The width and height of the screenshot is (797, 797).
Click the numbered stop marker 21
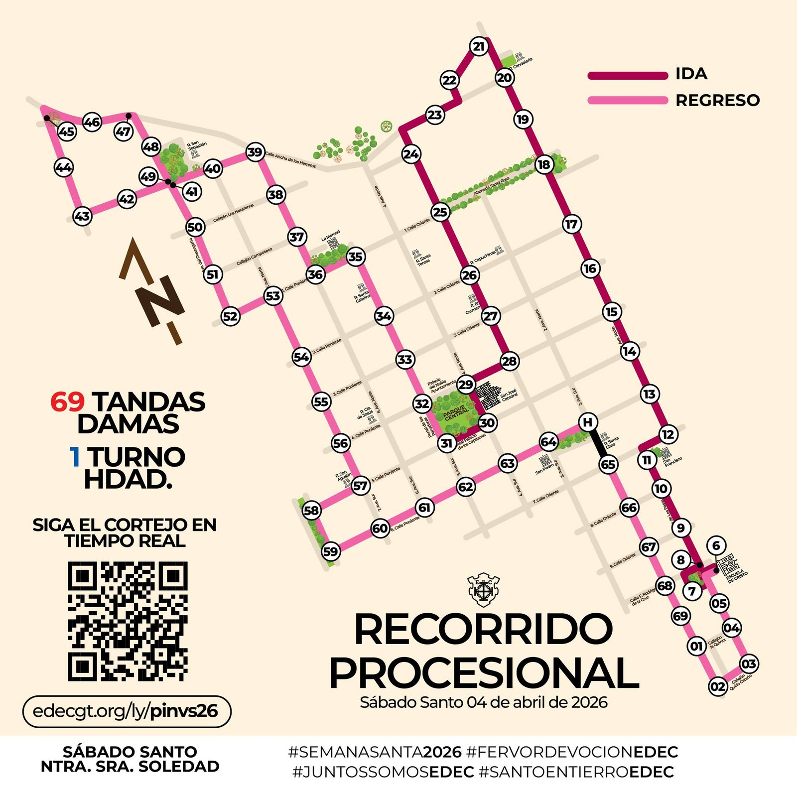click(x=479, y=47)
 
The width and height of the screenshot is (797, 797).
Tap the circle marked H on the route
click(x=588, y=422)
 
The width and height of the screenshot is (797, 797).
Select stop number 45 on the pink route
click(x=67, y=132)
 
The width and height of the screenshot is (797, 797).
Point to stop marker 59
click(x=331, y=551)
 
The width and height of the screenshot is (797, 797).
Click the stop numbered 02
click(x=718, y=686)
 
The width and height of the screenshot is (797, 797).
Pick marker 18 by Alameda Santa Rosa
click(x=544, y=164)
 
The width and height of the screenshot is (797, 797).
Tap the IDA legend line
click(x=628, y=76)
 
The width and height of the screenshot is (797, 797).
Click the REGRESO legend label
click(x=717, y=101)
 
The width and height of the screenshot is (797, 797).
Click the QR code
click(x=128, y=621)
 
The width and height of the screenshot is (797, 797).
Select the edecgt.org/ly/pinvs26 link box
click(x=127, y=711)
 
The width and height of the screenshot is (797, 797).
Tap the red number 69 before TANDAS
click(x=67, y=402)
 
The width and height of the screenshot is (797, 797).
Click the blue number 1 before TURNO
click(x=75, y=457)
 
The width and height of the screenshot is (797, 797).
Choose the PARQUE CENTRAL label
click(x=454, y=412)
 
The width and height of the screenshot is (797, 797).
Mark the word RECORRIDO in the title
click(x=483, y=629)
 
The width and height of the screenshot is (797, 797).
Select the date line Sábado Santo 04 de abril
click(x=484, y=702)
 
